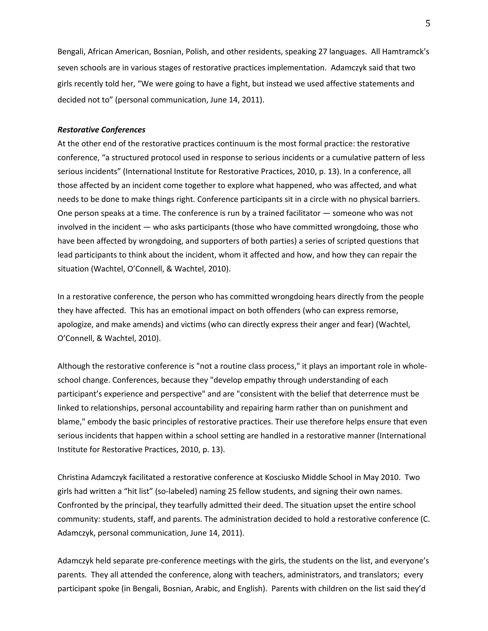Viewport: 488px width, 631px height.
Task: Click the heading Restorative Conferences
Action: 101,130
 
